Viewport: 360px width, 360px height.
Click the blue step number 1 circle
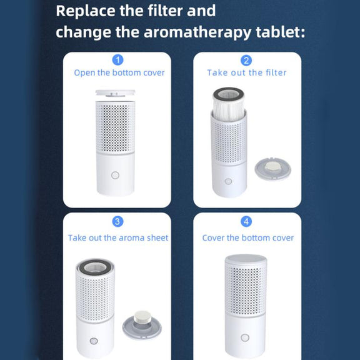(117, 60)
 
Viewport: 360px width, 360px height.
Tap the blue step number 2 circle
(246, 61)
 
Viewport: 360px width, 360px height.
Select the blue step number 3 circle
(117, 221)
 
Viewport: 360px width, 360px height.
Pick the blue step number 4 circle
(246, 221)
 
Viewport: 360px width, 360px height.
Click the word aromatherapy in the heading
(197, 32)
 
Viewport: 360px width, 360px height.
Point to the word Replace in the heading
(86, 11)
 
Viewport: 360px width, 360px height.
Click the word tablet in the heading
(281, 31)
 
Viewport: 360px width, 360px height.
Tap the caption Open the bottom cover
(119, 72)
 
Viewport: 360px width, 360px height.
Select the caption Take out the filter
(247, 72)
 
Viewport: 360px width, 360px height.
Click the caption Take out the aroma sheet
(118, 238)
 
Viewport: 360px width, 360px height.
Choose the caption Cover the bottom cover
(247, 238)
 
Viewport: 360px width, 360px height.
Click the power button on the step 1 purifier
(115, 176)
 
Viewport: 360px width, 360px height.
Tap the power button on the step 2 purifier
(228, 181)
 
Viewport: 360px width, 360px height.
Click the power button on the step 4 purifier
(245, 337)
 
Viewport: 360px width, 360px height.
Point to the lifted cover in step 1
(115, 93)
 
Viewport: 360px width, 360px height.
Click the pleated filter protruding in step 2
(229, 103)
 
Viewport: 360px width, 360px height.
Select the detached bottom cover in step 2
(272, 169)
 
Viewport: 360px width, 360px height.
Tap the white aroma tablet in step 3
(142, 317)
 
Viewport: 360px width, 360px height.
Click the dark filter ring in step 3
(95, 267)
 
